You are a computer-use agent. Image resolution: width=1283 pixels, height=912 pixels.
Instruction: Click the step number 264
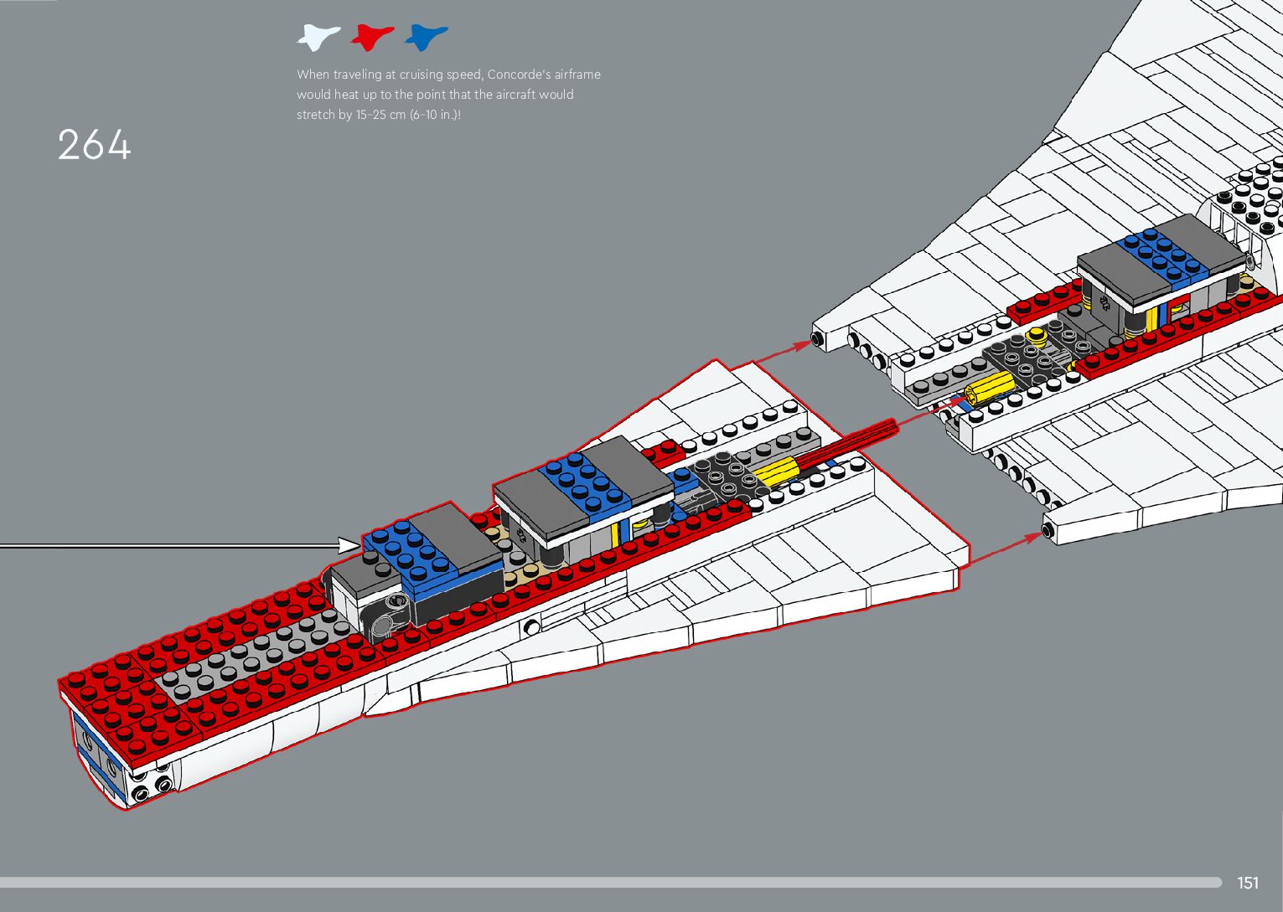coord(95,145)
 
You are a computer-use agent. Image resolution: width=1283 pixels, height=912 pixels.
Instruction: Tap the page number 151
coord(1248,883)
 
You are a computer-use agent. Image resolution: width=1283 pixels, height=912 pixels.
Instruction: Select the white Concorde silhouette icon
coord(318,37)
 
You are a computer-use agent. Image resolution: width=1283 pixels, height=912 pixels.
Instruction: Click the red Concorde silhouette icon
coord(372,37)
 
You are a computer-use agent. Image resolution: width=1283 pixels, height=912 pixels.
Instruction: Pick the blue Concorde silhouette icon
coord(426,37)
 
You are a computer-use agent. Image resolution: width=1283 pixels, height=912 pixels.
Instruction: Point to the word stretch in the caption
coord(316,115)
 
